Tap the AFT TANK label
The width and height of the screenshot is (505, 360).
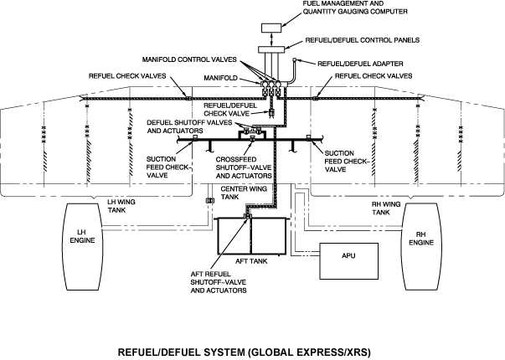point(251,262)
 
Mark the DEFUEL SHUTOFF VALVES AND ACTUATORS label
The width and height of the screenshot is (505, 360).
point(186,126)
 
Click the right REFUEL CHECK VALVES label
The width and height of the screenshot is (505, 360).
point(373,76)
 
